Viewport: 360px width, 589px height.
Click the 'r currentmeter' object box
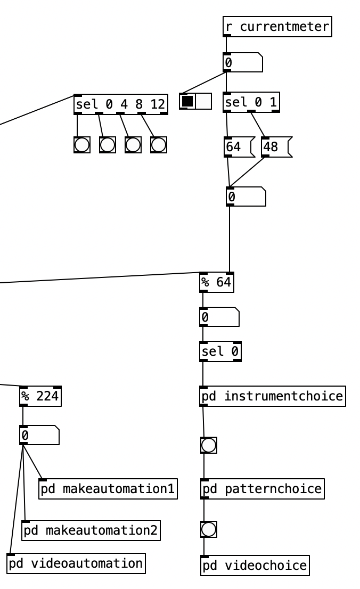point(277,27)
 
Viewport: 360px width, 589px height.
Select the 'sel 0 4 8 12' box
point(121,104)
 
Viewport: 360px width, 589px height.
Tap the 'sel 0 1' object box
point(251,102)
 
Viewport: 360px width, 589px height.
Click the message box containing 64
point(238,147)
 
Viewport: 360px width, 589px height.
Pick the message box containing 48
point(275,147)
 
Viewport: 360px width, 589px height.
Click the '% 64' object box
point(217,282)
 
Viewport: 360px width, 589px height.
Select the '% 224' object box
point(40,396)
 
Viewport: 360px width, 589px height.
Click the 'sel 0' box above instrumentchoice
point(220,351)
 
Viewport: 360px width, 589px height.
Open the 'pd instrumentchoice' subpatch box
point(273,396)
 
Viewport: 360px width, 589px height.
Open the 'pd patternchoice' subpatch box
point(262,488)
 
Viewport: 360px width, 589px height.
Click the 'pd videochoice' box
point(255,565)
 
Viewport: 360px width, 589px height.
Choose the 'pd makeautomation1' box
point(108,488)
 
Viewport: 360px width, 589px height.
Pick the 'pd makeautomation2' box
point(91,530)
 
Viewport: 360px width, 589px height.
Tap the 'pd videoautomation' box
point(76,563)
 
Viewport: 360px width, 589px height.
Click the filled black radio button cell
point(187,101)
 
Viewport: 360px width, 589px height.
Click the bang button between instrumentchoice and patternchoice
point(209,445)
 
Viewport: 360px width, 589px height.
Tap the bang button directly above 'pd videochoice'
point(209,529)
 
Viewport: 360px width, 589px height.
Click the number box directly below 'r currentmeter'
point(242,63)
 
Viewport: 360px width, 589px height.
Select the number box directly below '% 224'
point(39,435)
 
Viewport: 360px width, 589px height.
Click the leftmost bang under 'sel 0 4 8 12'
point(82,145)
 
